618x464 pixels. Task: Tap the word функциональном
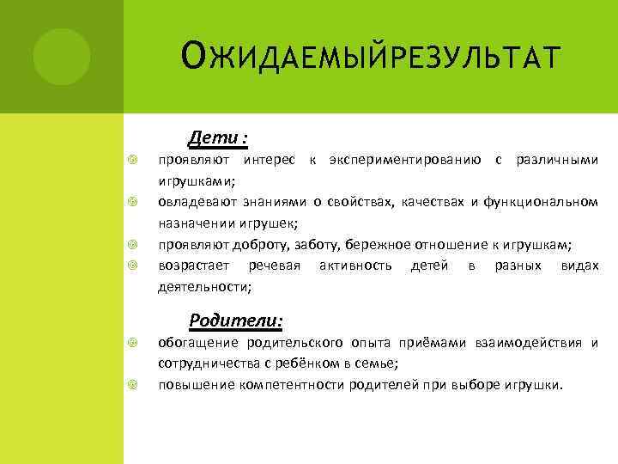click(x=541, y=203)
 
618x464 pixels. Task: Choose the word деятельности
click(x=203, y=287)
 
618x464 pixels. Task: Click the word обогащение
click(x=201, y=343)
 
